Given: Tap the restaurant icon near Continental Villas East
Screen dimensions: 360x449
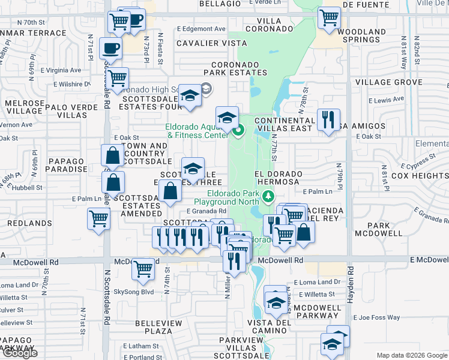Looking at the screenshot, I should [328, 119].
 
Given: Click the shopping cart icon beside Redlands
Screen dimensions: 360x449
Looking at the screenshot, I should [98, 218].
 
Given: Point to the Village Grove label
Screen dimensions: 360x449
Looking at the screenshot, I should [388, 82].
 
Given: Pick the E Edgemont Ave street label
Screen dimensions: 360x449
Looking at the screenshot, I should [201, 29].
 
